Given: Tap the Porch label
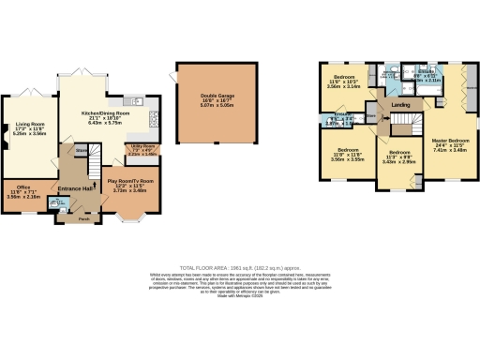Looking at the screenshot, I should [x=83, y=221].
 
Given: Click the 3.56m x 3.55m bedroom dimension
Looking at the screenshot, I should [x=347, y=159].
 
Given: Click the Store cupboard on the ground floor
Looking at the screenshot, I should [x=82, y=148].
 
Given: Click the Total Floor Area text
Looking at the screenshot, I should [x=239, y=266].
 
